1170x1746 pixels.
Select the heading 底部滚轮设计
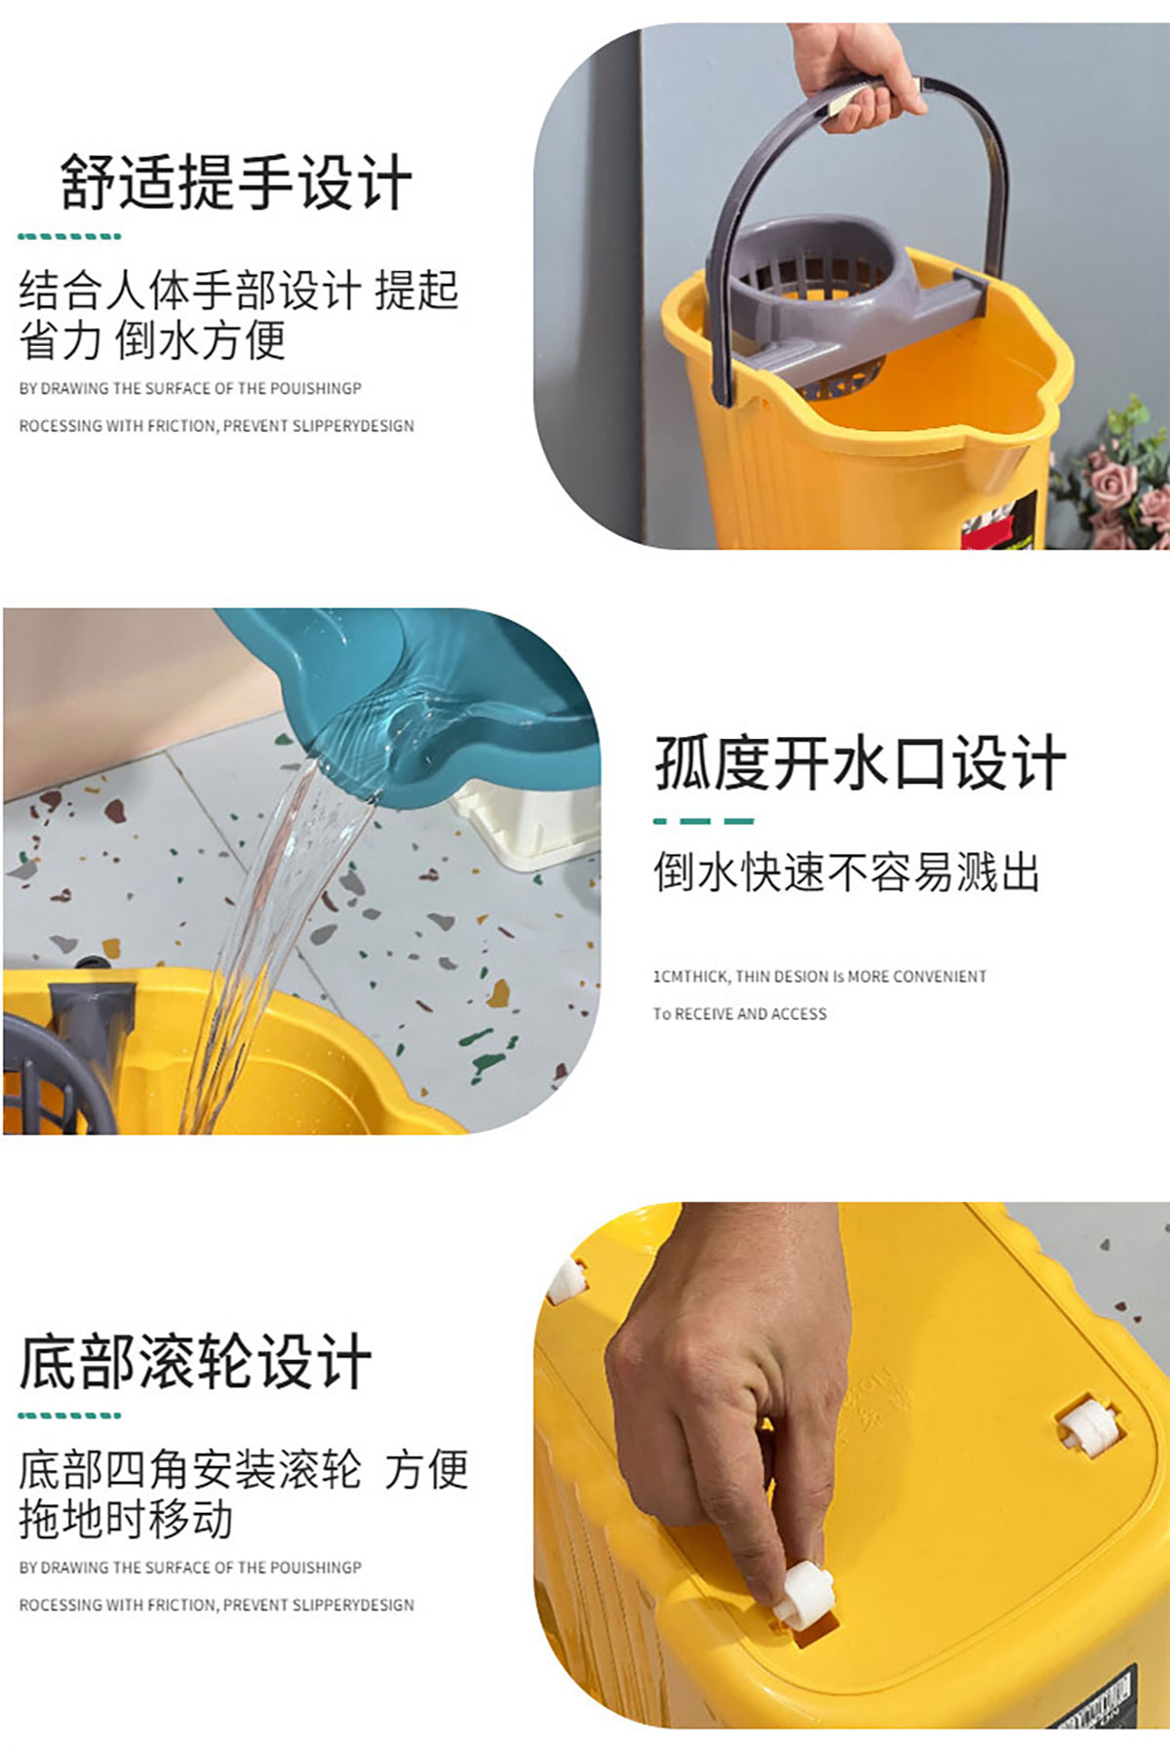(x=195, y=1361)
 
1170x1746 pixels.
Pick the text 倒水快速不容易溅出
(x=846, y=871)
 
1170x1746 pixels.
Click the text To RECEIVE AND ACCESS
(x=740, y=1014)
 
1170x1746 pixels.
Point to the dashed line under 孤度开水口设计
(x=703, y=821)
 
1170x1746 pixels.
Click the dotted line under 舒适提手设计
(x=69, y=236)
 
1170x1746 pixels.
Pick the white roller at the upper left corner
(x=566, y=1279)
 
